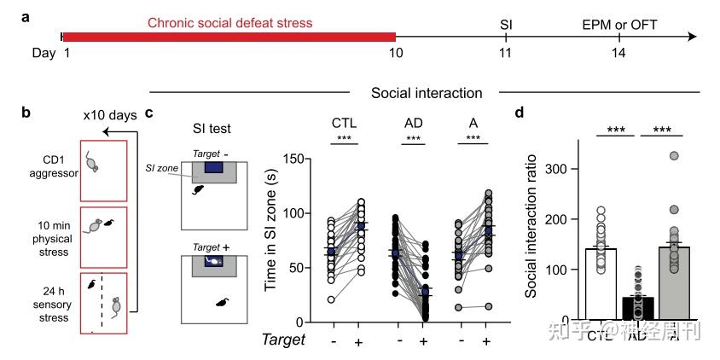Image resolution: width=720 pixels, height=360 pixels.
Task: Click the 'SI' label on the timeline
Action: click(x=506, y=22)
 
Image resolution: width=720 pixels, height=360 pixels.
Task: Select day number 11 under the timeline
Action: click(x=506, y=54)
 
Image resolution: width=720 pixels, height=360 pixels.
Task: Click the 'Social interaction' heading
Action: click(x=427, y=91)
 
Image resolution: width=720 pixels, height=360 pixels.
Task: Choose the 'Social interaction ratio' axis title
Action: click(x=530, y=230)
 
